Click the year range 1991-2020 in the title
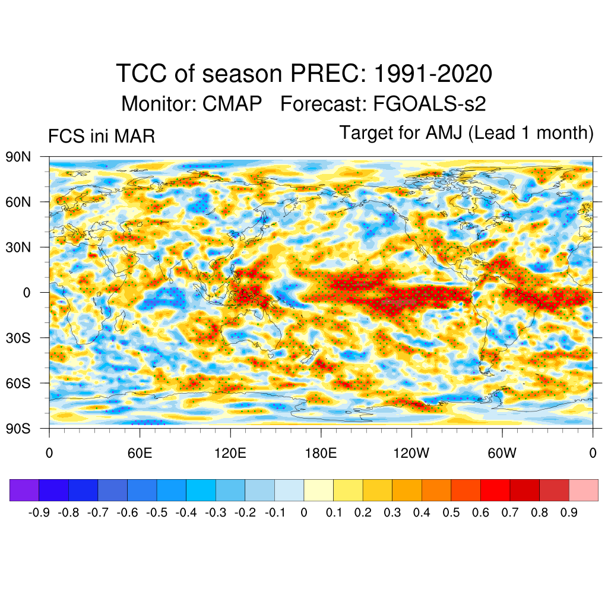coord(433,74)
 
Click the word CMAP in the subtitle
coord(232,104)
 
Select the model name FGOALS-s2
coord(429,104)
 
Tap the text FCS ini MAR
coord(102,137)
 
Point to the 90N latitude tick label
coord(18,157)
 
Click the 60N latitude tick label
coord(18,202)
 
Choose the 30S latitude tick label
coord(18,338)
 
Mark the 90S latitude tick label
coord(18,429)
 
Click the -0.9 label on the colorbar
coord(39,512)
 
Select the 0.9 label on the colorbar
coord(569,512)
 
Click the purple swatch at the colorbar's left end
coord(24,490)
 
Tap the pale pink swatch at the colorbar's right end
coord(583,490)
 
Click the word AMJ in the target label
coord(445,133)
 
